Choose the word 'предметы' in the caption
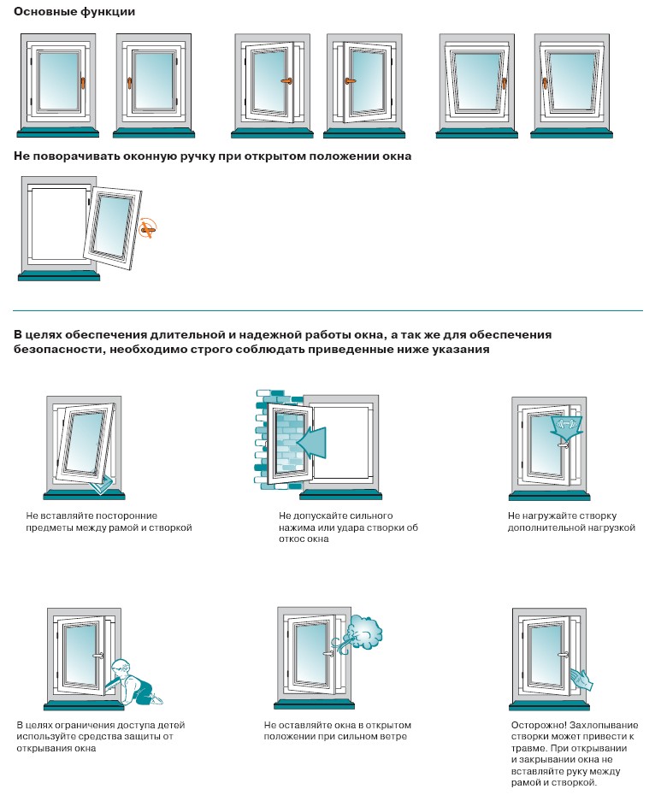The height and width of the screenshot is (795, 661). click(50, 527)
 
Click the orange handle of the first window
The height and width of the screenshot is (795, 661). click(83, 83)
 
